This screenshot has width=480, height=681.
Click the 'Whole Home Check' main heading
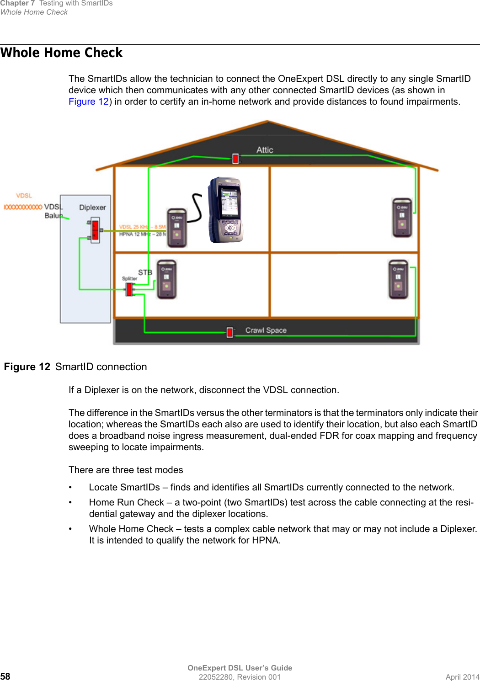(62, 53)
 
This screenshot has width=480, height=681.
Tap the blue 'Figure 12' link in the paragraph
(89, 101)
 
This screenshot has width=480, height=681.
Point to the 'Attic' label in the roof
(265, 150)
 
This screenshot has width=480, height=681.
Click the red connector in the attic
(235, 159)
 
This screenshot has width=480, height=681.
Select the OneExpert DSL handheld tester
(225, 210)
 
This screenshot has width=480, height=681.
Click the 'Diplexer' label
(92, 207)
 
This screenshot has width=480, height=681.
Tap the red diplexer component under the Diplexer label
(95, 230)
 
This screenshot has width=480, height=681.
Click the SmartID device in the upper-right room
(402, 218)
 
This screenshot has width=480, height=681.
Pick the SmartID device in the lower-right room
(398, 279)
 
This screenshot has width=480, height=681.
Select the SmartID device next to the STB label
(166, 279)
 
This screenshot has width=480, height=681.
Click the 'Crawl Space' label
(266, 330)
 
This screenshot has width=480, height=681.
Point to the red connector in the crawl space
(230, 332)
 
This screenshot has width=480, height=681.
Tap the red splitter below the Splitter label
(129, 289)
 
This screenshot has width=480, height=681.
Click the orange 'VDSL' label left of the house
(24, 196)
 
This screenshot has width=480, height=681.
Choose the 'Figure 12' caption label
(27, 367)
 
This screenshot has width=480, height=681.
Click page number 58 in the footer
(5, 676)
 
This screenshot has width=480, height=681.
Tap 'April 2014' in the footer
(462, 677)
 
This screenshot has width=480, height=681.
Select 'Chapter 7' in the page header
(17, 3)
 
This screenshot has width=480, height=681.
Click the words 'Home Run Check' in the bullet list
(126, 502)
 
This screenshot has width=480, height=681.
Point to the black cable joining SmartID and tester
(197, 207)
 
